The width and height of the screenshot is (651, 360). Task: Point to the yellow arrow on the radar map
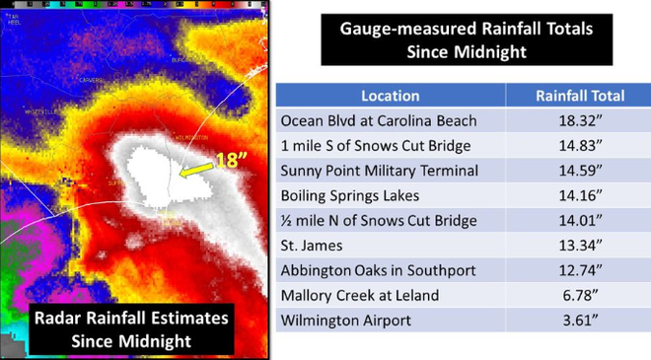pyautogui.click(x=193, y=174)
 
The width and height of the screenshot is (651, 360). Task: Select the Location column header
pyautogui.click(x=390, y=96)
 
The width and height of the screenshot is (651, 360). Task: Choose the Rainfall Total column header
pyautogui.click(x=579, y=96)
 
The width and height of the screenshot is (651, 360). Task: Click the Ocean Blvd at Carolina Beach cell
pyautogui.click(x=379, y=120)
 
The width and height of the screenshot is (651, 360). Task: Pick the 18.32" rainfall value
pyautogui.click(x=579, y=120)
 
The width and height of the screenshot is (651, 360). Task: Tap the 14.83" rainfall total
pyautogui.click(x=579, y=146)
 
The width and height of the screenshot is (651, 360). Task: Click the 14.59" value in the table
pyautogui.click(x=579, y=171)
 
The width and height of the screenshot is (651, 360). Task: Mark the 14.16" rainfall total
pyautogui.click(x=579, y=196)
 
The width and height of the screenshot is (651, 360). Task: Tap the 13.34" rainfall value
pyautogui.click(x=579, y=246)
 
